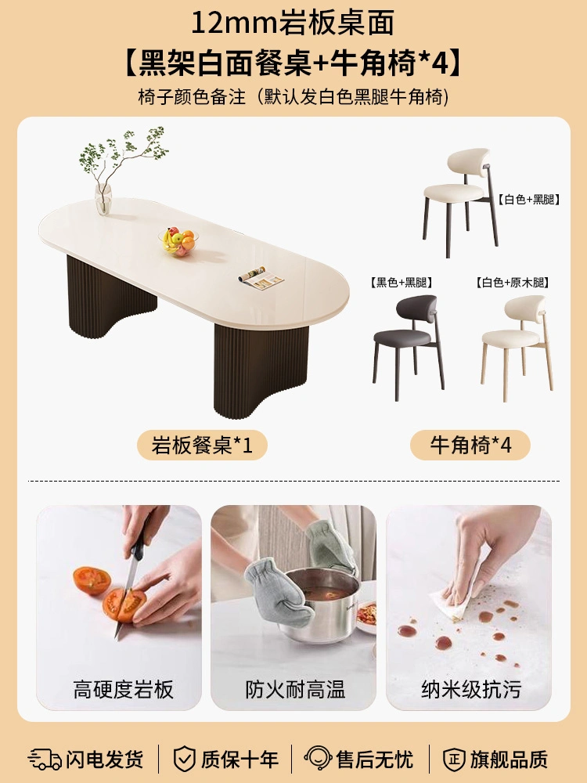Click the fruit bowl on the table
tap(178, 242)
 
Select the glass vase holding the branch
tap(103, 199)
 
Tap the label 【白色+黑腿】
tap(528, 200)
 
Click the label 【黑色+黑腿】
tap(401, 283)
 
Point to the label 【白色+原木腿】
tap(512, 283)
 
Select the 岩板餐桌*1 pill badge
tap(202, 445)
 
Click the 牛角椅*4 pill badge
tap(470, 445)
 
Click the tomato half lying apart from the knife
tap(92, 580)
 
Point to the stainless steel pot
tap(319, 604)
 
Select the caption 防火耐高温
tap(295, 690)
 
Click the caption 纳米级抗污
tap(470, 690)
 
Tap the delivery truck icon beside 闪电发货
tap(45, 759)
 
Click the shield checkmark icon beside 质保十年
tap(184, 759)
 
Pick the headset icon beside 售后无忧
tap(318, 759)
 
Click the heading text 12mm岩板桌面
tap(293, 23)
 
